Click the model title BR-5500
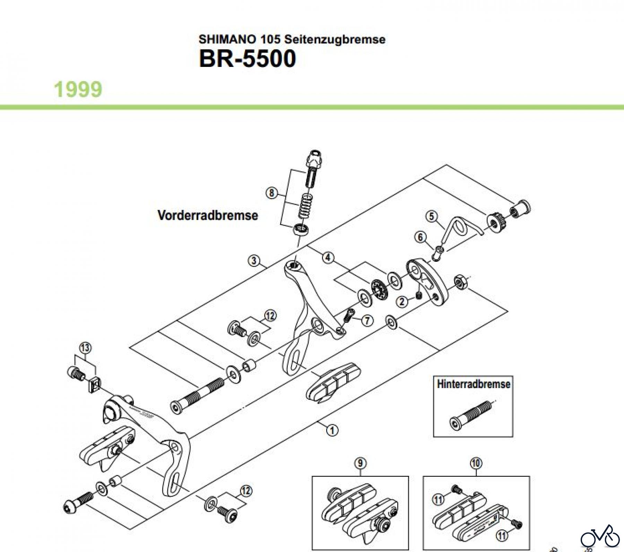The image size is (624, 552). coord(247,59)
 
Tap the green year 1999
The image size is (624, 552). coord(78,89)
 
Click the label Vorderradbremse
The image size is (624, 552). coord(208,215)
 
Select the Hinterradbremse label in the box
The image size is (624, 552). coord(473,384)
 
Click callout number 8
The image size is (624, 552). coord(271,193)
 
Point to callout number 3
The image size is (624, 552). coord(254,260)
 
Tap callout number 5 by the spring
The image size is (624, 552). coord(431,216)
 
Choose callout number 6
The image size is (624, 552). coord(420,237)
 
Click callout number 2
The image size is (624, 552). coord(402,301)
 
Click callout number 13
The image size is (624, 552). coord(85,347)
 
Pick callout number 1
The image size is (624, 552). coord(332,430)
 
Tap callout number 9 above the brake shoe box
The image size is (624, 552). coord(360,463)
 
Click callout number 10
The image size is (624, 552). coord(476,463)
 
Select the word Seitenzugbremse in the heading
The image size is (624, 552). coord(335,39)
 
